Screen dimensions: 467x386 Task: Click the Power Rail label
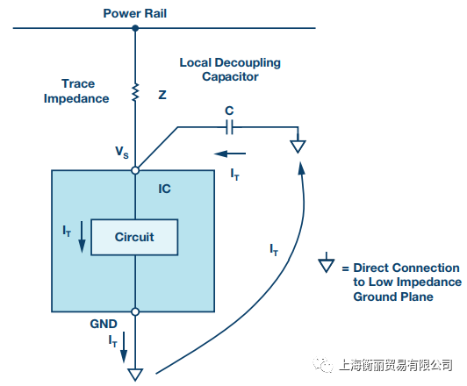(134, 13)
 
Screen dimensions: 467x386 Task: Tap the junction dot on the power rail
(135, 28)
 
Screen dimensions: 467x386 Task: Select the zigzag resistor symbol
(135, 92)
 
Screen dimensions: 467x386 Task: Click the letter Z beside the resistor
(162, 95)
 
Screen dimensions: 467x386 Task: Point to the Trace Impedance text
(76, 90)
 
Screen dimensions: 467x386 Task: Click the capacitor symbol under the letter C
(229, 127)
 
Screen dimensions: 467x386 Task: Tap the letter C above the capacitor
(229, 111)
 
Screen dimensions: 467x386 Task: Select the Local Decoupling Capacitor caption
(230, 69)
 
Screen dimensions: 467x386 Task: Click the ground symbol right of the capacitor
(298, 145)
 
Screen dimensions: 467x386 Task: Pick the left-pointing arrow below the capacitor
(230, 154)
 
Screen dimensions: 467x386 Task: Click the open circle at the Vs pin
(135, 170)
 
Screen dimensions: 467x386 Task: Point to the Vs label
(122, 152)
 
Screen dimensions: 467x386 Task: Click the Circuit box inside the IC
(134, 237)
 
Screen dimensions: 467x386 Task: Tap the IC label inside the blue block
(164, 189)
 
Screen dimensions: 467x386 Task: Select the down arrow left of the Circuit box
(82, 237)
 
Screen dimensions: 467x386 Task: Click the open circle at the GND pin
(135, 312)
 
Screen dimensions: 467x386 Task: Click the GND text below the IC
(104, 324)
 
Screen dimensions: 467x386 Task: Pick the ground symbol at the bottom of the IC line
(135, 375)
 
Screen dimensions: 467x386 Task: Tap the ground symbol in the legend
(327, 263)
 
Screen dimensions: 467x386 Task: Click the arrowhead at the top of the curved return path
(301, 168)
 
